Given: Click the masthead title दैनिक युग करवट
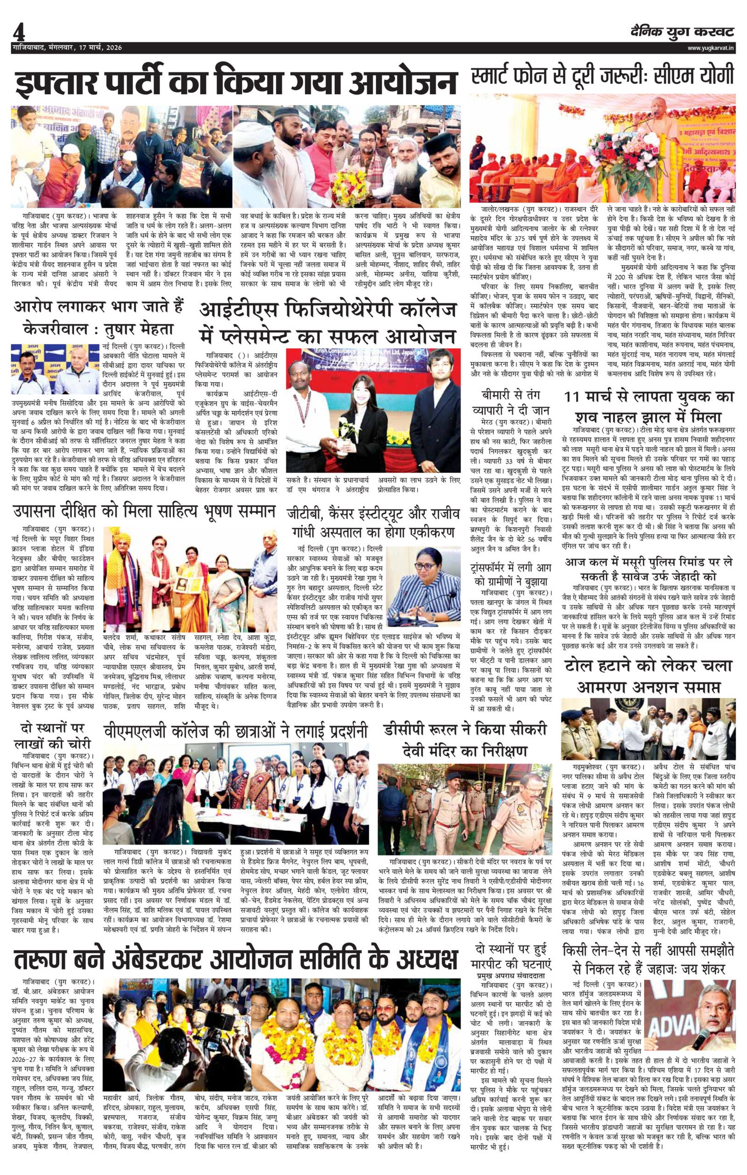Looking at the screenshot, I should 681,32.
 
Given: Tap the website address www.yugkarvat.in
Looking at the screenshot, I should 711,48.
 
